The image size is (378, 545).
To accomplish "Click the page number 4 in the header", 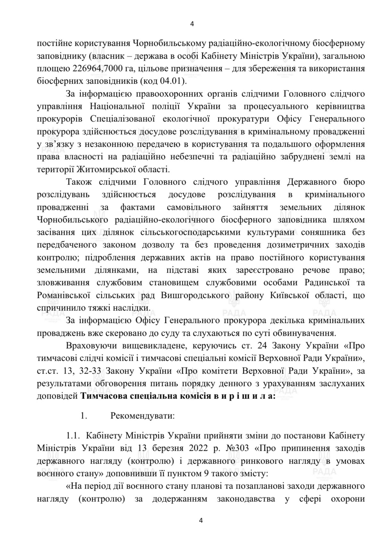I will tap(192, 24).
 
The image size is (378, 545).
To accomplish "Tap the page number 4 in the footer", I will tap(201, 521).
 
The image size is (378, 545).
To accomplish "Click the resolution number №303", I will tap(237, 448).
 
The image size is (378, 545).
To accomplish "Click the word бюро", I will tap(355, 182).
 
